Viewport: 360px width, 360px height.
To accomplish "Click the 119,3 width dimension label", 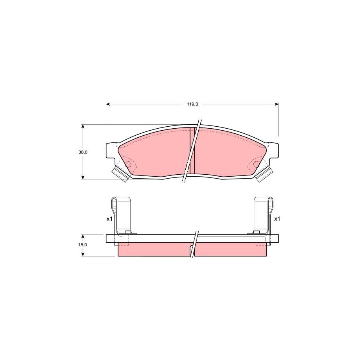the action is coord(192,104).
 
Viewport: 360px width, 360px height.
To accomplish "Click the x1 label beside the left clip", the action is coord(109,219).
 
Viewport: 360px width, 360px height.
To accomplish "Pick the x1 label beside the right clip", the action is coord(277,219).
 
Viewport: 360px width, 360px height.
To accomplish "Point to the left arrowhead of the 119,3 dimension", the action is coord(108,104).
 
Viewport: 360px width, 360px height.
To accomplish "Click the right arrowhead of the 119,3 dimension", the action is coord(277,104).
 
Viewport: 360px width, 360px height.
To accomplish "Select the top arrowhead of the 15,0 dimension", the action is coord(83,236).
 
